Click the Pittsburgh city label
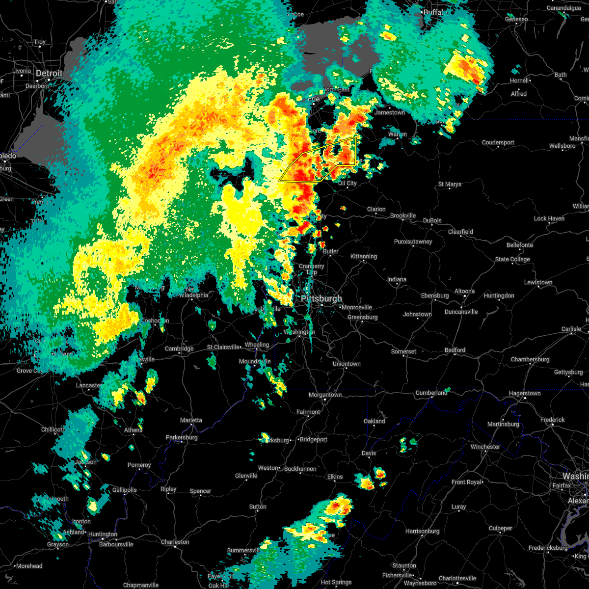click(321, 298)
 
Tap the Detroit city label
click(49, 74)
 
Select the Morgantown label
click(325, 395)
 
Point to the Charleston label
click(175, 542)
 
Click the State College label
click(512, 259)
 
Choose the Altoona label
click(464, 291)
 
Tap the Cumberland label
click(432, 393)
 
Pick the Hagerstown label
click(524, 393)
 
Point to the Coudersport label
click(498, 142)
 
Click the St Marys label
click(450, 184)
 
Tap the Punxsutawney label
click(413, 241)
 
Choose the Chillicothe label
click(53, 429)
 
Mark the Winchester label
click(485, 447)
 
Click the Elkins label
click(335, 477)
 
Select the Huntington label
click(103, 534)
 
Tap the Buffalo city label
click(433, 12)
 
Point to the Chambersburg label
click(530, 359)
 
